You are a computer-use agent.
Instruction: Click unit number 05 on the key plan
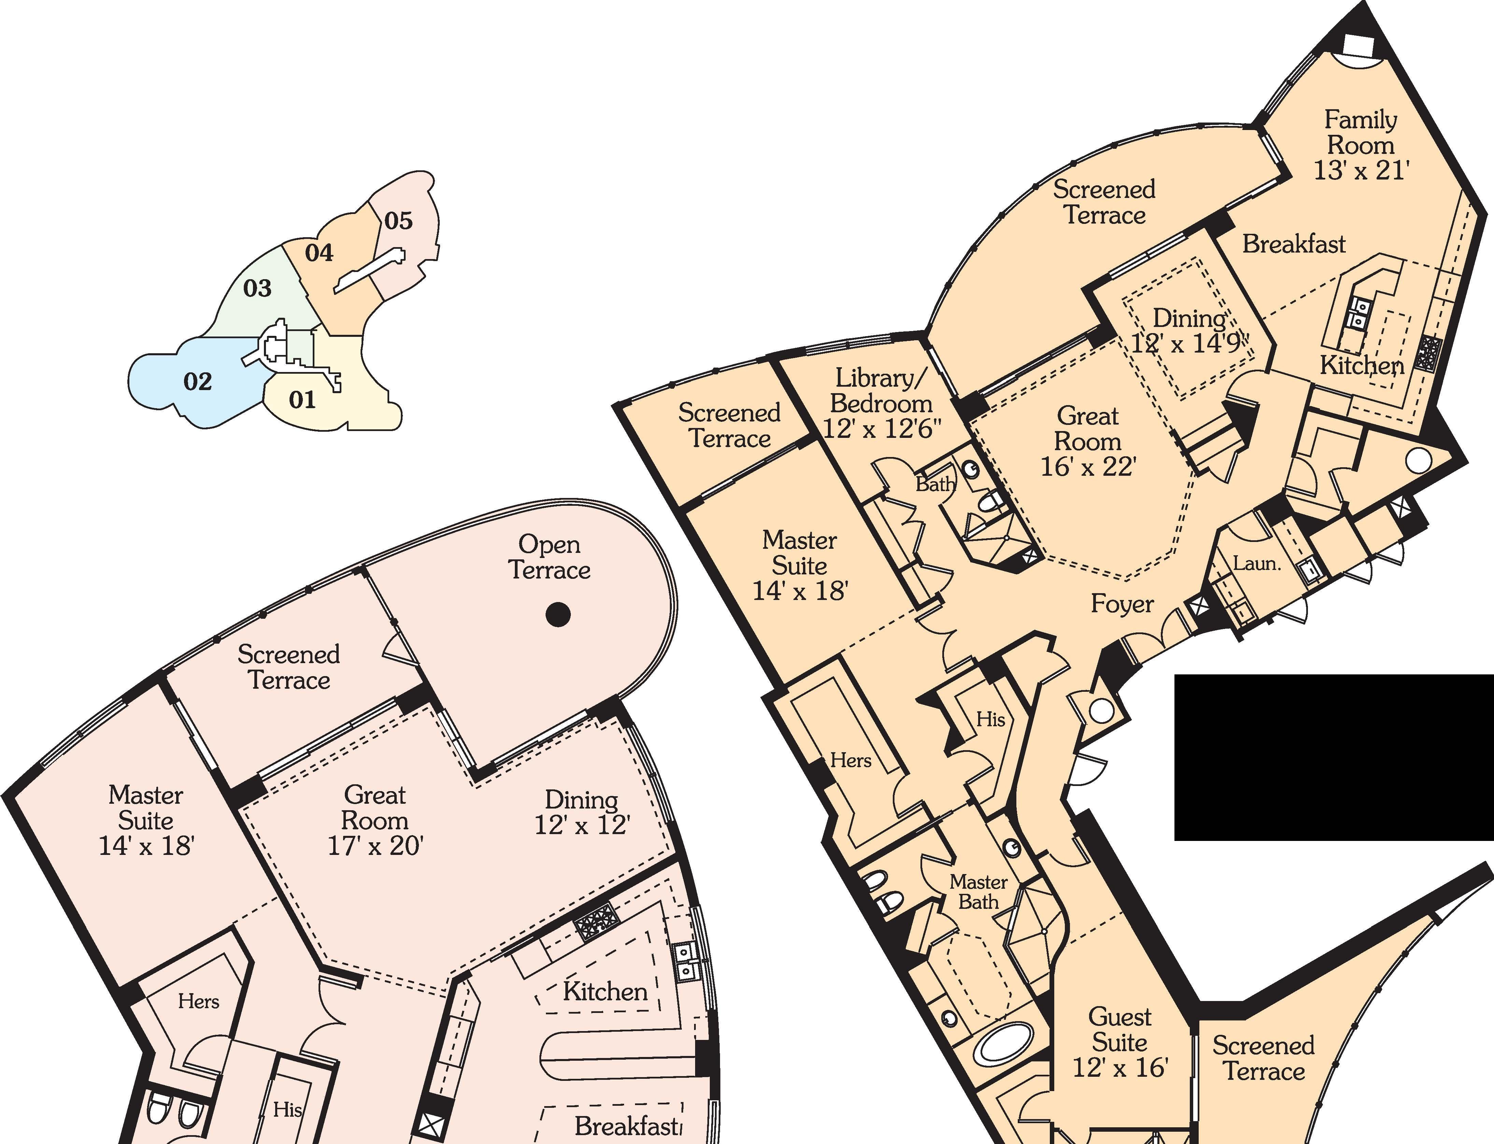pos(398,220)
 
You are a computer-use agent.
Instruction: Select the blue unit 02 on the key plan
pos(198,381)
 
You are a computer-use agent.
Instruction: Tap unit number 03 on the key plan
pos(257,288)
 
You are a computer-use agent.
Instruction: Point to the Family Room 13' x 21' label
pos(1361,145)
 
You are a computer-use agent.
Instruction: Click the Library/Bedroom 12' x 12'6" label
pos(882,403)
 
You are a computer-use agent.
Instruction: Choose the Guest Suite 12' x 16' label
pos(1120,1042)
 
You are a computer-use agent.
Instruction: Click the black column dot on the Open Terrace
pos(559,615)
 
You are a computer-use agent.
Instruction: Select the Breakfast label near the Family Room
pos(1294,244)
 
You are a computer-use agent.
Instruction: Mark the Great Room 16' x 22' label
pos(1088,441)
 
